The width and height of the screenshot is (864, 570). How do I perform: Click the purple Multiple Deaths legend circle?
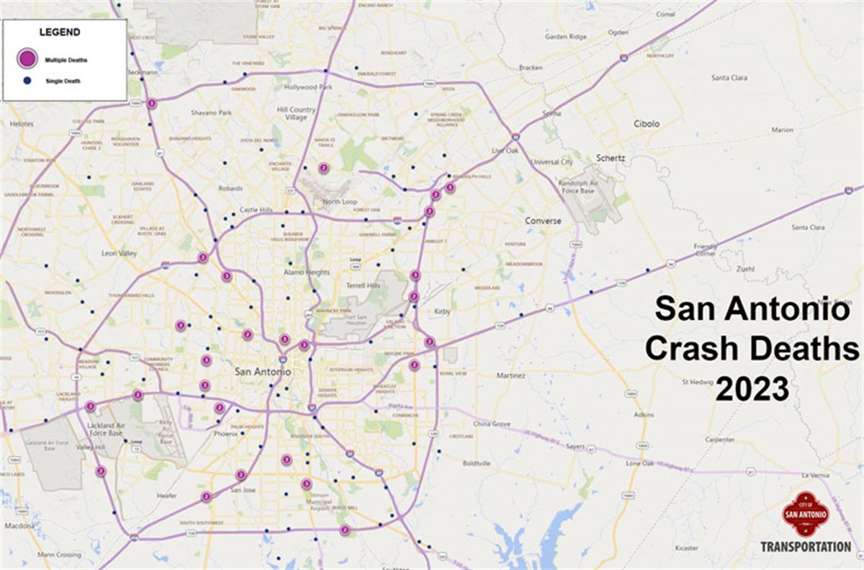pyautogui.click(x=29, y=59)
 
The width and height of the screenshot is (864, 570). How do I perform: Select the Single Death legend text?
pyautogui.click(x=63, y=81)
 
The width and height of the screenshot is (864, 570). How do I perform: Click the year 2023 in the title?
pyautogui.click(x=752, y=390)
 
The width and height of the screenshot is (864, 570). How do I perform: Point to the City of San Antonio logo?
pyautogui.click(x=806, y=514)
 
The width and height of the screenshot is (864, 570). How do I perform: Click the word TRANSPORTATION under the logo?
pyautogui.click(x=806, y=547)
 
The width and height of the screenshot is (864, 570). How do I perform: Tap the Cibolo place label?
pyautogui.click(x=646, y=124)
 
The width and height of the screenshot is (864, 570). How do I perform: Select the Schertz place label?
pyautogui.click(x=610, y=157)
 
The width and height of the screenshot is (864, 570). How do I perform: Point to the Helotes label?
pyautogui.click(x=22, y=124)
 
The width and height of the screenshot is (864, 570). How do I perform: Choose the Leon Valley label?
pyautogui.click(x=119, y=254)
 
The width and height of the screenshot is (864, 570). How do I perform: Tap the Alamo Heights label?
pyautogui.click(x=306, y=272)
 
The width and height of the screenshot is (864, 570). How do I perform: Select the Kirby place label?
pyautogui.click(x=442, y=311)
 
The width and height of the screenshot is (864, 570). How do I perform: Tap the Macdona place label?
pyautogui.click(x=20, y=525)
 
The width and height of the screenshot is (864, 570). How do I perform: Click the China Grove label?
pyautogui.click(x=492, y=424)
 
